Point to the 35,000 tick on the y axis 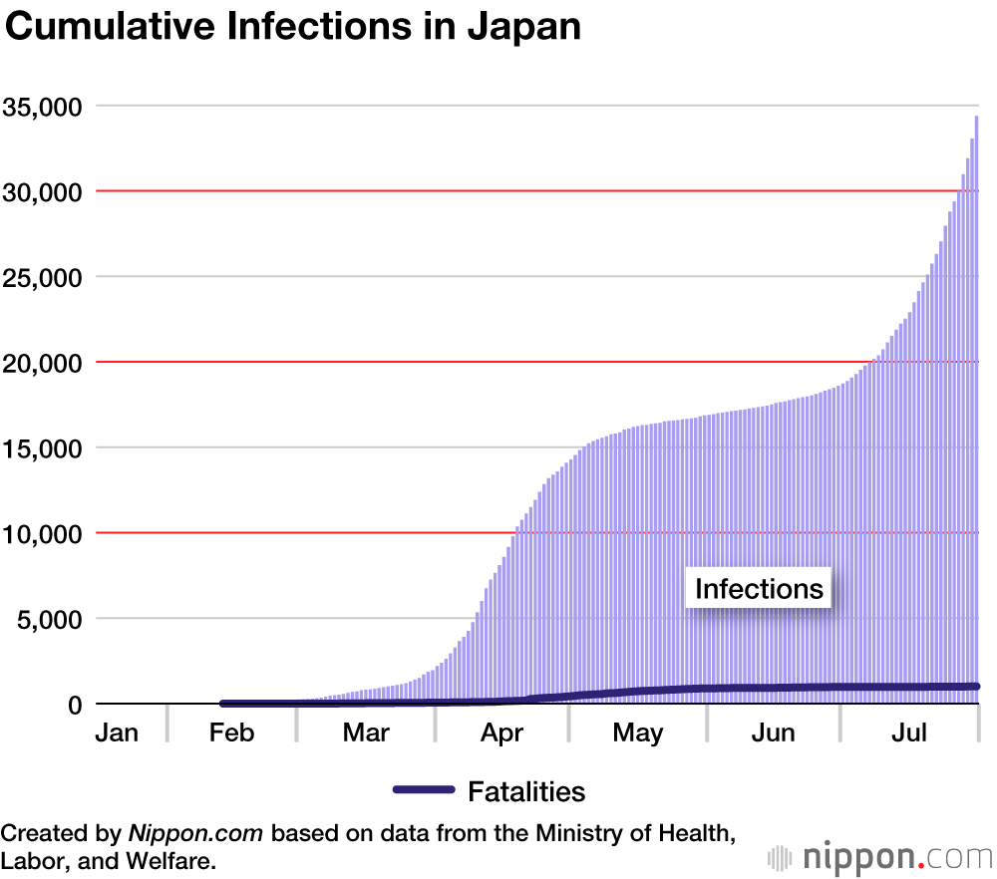point(41,106)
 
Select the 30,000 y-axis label point(41,191)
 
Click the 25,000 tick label point(41,277)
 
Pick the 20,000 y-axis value point(41,363)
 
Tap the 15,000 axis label point(41,448)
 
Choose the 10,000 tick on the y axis point(41,533)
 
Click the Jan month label point(117,733)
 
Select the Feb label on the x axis point(231,733)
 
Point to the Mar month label point(366,733)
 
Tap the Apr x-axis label point(501,733)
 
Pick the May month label point(638,733)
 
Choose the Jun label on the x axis point(774,733)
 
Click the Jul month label point(908,733)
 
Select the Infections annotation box point(760,588)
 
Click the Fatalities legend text point(526,791)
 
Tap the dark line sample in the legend point(424,790)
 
